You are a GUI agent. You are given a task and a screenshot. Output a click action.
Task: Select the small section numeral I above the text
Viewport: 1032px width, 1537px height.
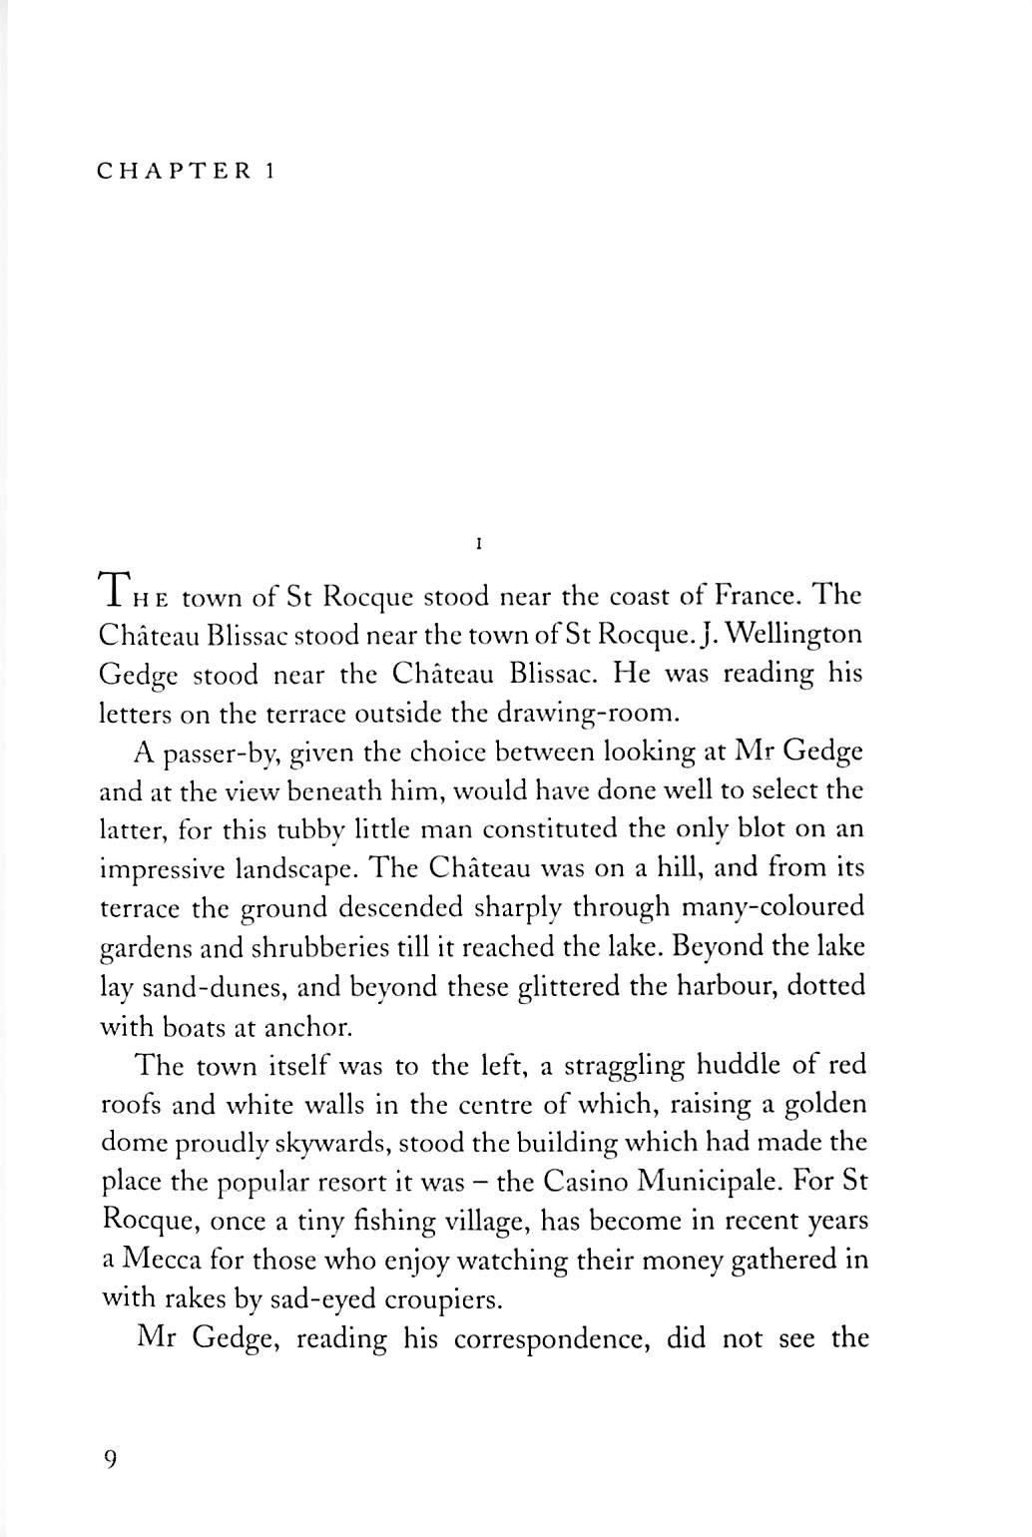click(x=480, y=545)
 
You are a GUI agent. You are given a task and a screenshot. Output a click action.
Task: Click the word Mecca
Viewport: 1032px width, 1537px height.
click(x=161, y=1260)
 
